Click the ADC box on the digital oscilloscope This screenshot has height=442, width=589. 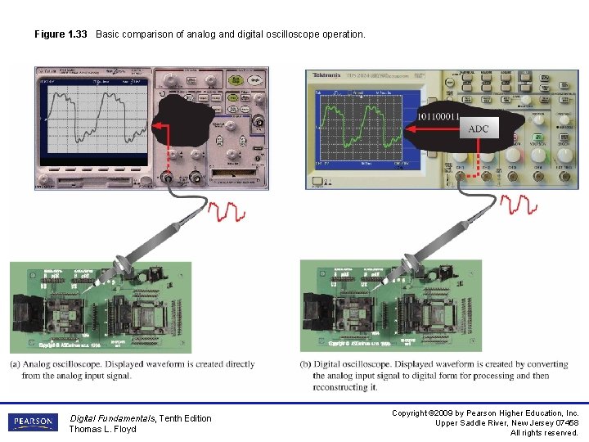click(478, 129)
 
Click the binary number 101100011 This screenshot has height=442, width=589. click(438, 116)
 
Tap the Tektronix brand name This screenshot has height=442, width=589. click(326, 74)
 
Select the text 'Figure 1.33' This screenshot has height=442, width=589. click(61, 34)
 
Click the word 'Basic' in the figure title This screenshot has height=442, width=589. click(109, 34)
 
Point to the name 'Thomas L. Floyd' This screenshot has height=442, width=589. click(102, 429)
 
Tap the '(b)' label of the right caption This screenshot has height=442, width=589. click(306, 364)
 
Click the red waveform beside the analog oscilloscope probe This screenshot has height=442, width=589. click(226, 212)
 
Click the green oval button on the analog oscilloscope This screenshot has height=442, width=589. click(238, 81)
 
